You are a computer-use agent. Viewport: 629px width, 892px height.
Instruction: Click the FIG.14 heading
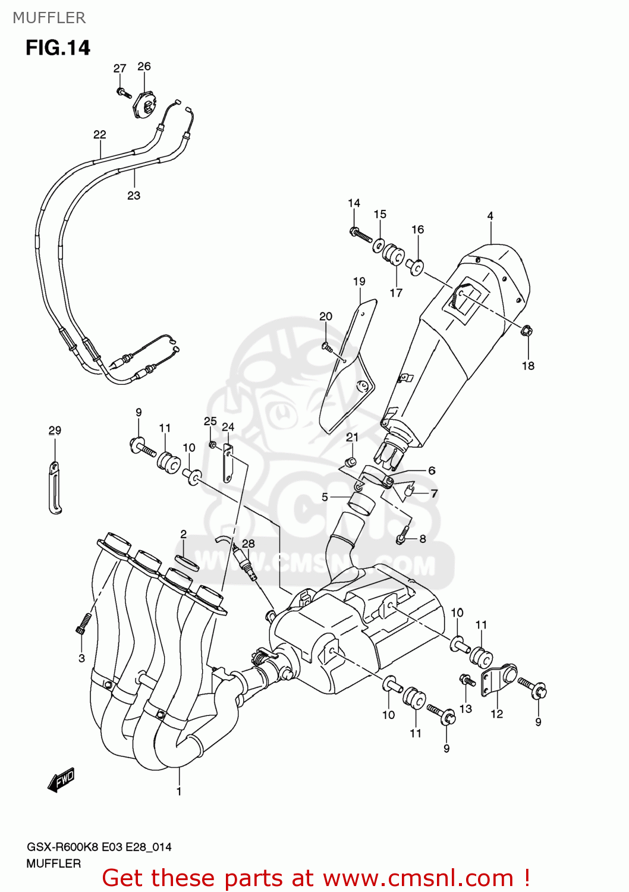tap(58, 48)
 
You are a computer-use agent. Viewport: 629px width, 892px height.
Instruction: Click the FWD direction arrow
tap(61, 780)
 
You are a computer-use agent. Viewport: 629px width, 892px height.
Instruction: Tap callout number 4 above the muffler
tap(490, 216)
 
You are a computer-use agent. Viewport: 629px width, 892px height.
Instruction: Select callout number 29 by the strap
tap(55, 431)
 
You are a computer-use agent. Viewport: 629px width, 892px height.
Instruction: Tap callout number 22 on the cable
tap(99, 134)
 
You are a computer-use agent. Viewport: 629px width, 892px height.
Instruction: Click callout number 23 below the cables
tap(134, 195)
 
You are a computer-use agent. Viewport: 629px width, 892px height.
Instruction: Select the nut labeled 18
tap(526, 331)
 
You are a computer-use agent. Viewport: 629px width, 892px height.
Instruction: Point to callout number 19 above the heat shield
tap(359, 281)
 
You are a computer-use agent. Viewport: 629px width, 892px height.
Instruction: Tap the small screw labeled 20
tap(326, 346)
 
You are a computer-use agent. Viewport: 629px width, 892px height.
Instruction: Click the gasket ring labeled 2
tap(187, 562)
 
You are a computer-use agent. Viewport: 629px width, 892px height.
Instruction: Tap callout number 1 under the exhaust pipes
tap(179, 792)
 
